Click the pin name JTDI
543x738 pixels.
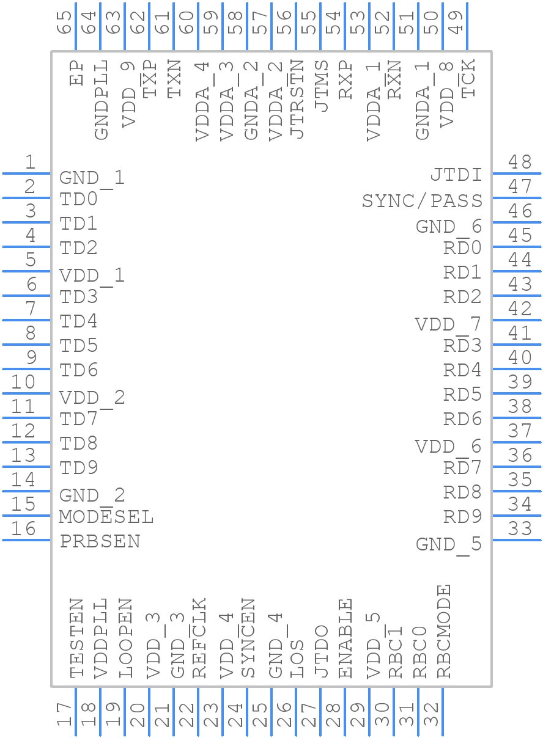(x=457, y=175)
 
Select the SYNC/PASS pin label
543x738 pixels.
(x=423, y=200)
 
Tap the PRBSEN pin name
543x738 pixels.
(x=100, y=541)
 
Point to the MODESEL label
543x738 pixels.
(x=106, y=517)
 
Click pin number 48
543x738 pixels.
(x=520, y=162)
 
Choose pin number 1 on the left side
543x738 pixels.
(x=31, y=162)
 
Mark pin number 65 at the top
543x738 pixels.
(x=64, y=23)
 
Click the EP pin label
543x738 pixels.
(x=76, y=73)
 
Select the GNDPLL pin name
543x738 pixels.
(x=102, y=100)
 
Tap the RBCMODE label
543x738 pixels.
(x=444, y=631)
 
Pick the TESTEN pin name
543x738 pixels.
(x=76, y=638)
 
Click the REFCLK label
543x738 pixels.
(x=199, y=638)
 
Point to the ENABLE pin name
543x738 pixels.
(x=345, y=638)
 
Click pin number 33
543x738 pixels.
(x=520, y=528)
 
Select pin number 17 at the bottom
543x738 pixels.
(x=64, y=714)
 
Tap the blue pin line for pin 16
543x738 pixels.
(x=26, y=540)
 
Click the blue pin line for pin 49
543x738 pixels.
(x=467, y=26)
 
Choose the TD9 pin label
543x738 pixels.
(x=78, y=467)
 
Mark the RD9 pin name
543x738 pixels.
(x=462, y=516)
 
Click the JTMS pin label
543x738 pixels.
(x=322, y=86)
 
